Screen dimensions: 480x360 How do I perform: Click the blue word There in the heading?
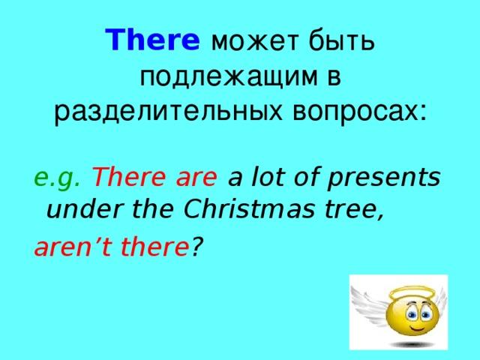point(152,40)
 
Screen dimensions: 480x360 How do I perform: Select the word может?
point(254,41)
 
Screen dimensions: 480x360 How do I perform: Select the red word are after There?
point(196,178)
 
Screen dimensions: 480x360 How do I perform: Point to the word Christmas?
point(249,209)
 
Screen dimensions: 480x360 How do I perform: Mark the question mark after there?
point(198,247)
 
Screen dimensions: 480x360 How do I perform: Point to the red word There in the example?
point(130,177)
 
